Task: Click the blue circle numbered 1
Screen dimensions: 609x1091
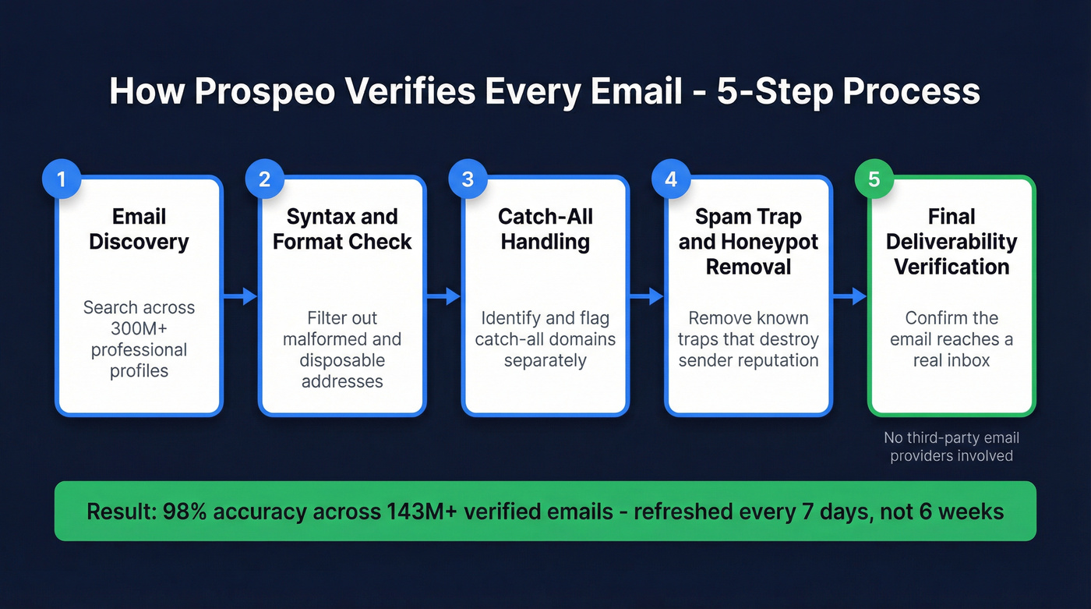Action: tap(62, 179)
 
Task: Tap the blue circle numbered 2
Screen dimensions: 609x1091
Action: tap(265, 179)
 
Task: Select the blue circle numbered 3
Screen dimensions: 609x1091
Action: tap(468, 179)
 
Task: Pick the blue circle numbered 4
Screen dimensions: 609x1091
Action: tap(671, 179)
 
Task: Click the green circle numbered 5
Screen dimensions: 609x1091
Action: tap(874, 179)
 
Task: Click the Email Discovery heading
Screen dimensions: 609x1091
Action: tap(139, 228)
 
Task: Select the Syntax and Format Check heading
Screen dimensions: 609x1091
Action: tap(342, 228)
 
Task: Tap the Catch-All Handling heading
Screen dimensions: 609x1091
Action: tap(545, 228)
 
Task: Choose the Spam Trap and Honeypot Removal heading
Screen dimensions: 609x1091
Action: tap(748, 241)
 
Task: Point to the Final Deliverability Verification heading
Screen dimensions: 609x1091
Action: tap(952, 241)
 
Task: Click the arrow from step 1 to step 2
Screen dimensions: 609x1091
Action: tap(241, 296)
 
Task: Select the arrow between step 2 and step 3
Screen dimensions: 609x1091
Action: tap(444, 296)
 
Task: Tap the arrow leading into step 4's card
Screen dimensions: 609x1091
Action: tap(647, 296)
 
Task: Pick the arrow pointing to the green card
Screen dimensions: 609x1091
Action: tap(850, 296)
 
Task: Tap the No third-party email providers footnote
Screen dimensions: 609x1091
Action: tap(952, 447)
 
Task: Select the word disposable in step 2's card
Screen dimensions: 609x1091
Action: tap(342, 360)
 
